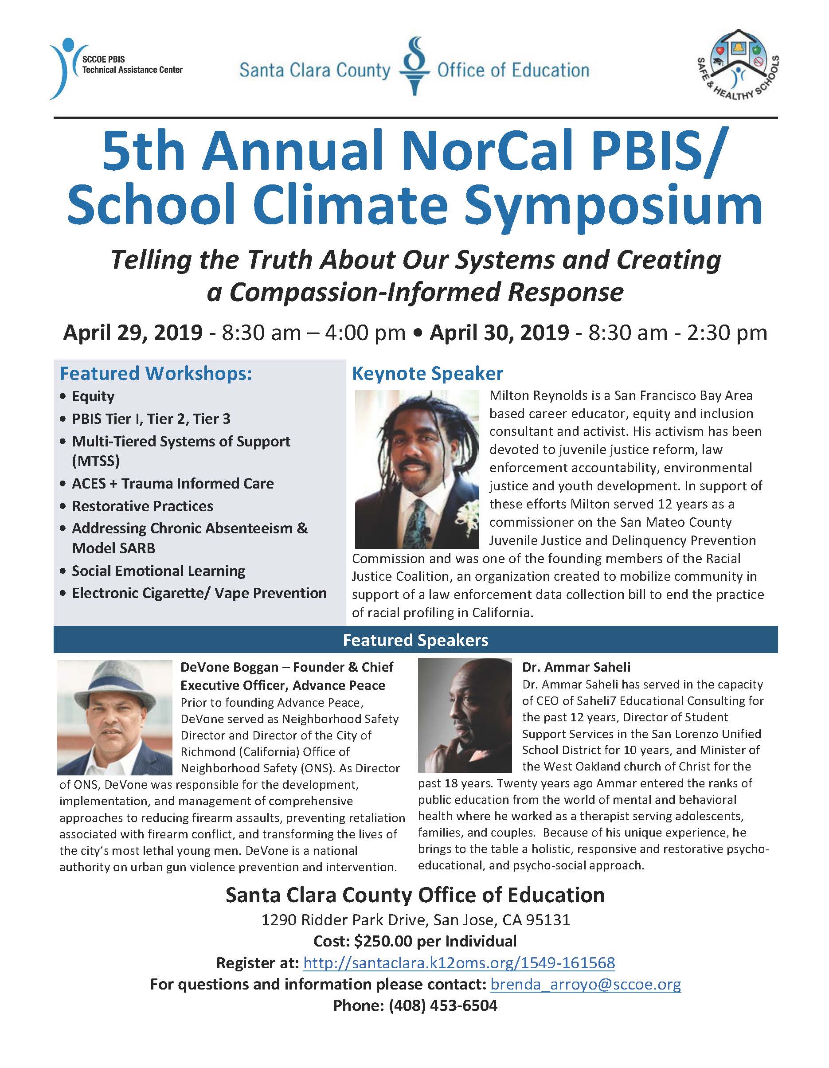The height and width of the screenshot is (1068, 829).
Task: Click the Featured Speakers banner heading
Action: tap(415, 640)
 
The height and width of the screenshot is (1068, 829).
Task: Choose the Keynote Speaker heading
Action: tap(427, 374)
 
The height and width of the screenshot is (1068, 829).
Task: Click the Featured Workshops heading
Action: tap(156, 374)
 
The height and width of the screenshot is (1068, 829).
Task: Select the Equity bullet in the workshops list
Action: tap(93, 396)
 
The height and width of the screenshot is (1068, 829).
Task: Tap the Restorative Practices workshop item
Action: tap(142, 506)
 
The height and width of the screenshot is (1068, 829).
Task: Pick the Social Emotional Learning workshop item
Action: tap(158, 571)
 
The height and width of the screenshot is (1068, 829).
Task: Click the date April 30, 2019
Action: tap(499, 333)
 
